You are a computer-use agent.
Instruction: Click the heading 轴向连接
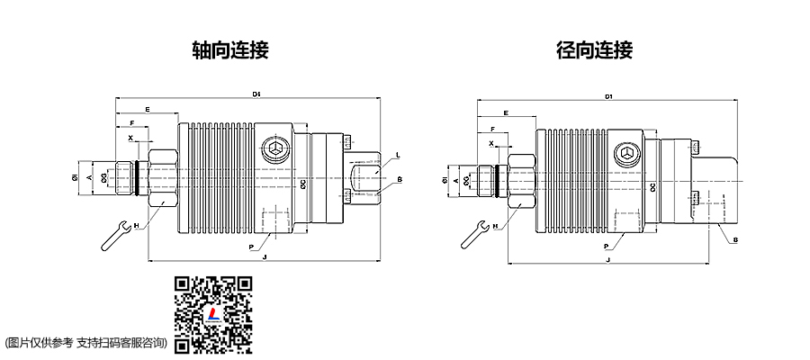[230, 50]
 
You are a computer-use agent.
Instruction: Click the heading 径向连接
[594, 50]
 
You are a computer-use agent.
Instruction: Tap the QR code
[212, 313]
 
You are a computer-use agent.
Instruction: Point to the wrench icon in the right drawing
[474, 233]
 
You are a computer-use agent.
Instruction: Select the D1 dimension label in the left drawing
[256, 94]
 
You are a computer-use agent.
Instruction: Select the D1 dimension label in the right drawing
[609, 95]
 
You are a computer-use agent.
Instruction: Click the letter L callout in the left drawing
[397, 155]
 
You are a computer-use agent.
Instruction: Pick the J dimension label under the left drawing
[264, 257]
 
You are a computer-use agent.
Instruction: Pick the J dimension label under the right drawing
[609, 259]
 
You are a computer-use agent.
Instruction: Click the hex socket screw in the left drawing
[276, 149]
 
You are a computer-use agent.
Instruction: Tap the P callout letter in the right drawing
[606, 245]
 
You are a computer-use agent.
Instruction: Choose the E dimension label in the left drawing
[148, 109]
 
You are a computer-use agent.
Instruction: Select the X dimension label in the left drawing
[130, 139]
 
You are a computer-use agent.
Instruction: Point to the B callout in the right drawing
[735, 239]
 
